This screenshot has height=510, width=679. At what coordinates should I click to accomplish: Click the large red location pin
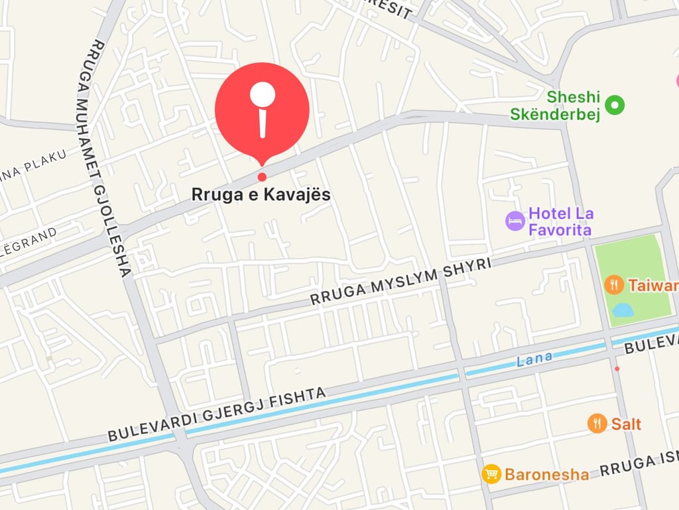coord(262,110)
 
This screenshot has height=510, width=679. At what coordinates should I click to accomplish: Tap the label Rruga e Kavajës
coord(261,195)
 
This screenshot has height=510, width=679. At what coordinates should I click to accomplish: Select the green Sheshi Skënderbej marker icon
coord(616,104)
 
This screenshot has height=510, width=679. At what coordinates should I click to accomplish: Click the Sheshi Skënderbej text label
coord(555,106)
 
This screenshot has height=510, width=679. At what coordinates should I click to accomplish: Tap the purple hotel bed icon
coord(515,221)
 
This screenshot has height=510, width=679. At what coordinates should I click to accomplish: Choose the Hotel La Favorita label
coord(560,222)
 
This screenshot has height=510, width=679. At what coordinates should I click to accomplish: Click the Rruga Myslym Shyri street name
coord(401,282)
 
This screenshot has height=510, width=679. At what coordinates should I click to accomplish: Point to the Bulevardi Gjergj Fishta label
coord(217,414)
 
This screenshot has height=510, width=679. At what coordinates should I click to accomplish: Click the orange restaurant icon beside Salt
coord(597,423)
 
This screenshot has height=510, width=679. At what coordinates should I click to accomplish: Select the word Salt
coord(626,424)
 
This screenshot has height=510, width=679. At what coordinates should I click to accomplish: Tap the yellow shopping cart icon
coord(491,473)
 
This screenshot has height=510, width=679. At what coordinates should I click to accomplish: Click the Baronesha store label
coord(546,474)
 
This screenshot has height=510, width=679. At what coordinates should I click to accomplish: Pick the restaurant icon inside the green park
coord(614,285)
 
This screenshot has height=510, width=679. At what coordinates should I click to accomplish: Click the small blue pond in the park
coord(623,310)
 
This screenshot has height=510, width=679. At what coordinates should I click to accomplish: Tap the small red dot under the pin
coord(262,177)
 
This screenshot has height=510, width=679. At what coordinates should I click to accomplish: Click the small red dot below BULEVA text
coord(617,369)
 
